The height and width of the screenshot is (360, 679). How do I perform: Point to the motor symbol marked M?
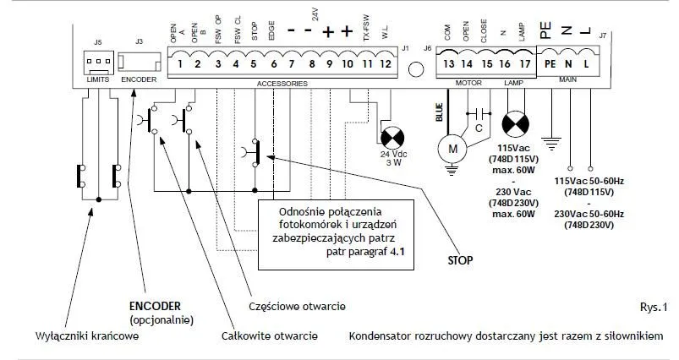pyautogui.click(x=452, y=149)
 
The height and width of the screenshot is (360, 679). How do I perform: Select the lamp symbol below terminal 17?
pyautogui.click(x=516, y=124)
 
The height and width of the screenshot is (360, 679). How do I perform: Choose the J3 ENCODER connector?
pyautogui.click(x=139, y=63)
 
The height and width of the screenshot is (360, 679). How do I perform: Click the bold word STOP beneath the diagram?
pyautogui.click(x=461, y=259)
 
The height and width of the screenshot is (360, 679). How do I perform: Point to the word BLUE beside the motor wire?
pyautogui.click(x=439, y=112)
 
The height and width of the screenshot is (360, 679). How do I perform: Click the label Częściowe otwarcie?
pyautogui.click(x=298, y=305)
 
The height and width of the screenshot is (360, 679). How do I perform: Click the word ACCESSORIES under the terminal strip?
pyautogui.click(x=282, y=84)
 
